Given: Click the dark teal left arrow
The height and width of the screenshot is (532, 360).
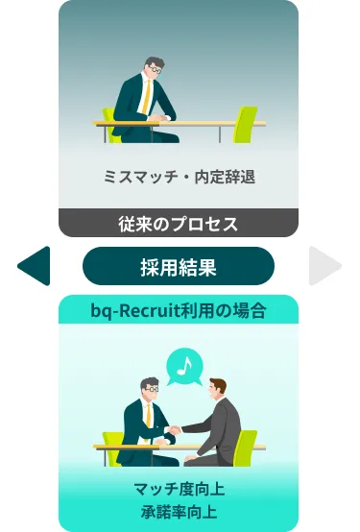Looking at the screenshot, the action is tap(36, 266).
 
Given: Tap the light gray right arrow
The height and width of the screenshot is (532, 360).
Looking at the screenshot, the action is tap(324, 266).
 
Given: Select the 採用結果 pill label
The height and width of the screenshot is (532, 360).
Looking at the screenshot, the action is tap(179, 267).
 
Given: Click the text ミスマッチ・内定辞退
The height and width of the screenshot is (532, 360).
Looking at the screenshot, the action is tap(179, 177).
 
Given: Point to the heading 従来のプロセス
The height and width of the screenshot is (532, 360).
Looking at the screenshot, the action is tap(179, 224).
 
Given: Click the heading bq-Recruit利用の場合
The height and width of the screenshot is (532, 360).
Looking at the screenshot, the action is tap(179, 309).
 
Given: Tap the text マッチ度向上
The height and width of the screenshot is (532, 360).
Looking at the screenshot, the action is tap(179, 489).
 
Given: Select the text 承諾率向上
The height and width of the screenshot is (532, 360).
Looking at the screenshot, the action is tap(179, 510).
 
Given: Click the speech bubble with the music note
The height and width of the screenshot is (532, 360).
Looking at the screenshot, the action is tap(184, 366).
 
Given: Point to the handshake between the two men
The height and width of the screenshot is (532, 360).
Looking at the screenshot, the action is tap(174, 429).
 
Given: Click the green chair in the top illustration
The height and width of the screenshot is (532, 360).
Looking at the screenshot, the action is tap(247, 123).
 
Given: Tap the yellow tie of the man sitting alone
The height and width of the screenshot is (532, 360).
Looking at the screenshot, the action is tap(145, 97).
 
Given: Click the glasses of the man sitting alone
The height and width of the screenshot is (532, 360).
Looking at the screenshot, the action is tap(154, 70).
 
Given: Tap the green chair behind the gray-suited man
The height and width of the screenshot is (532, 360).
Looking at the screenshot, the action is tap(247, 446).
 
